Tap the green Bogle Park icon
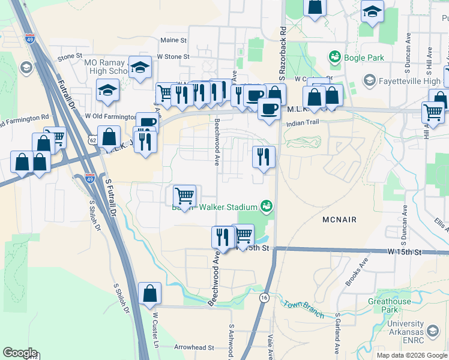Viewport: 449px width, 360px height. click(x=334, y=57)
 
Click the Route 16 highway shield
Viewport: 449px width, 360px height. click(x=264, y=298)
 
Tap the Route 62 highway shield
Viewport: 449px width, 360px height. click(x=91, y=139)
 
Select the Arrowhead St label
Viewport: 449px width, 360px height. click(x=194, y=347)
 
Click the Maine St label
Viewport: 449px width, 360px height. click(x=173, y=40)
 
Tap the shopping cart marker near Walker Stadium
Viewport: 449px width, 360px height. click(x=184, y=196)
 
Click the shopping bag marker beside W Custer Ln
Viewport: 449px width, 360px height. click(x=150, y=293)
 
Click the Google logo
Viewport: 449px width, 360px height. click(x=20, y=353)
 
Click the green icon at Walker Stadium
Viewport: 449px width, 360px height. click(x=267, y=207)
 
